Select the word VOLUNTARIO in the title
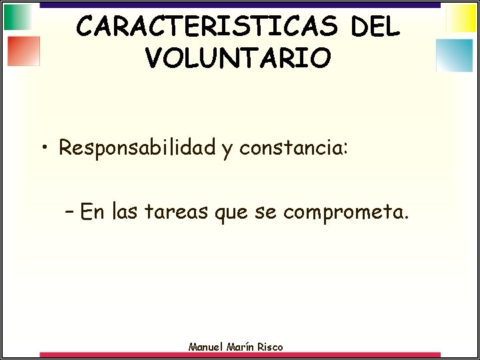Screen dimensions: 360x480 [237, 58]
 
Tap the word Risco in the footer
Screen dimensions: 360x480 [269, 347]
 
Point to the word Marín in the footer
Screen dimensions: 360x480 [241, 347]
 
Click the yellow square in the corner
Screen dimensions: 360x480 [461, 18]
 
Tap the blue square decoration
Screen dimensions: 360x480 [454, 55]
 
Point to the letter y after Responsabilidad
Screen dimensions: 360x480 [227, 149]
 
